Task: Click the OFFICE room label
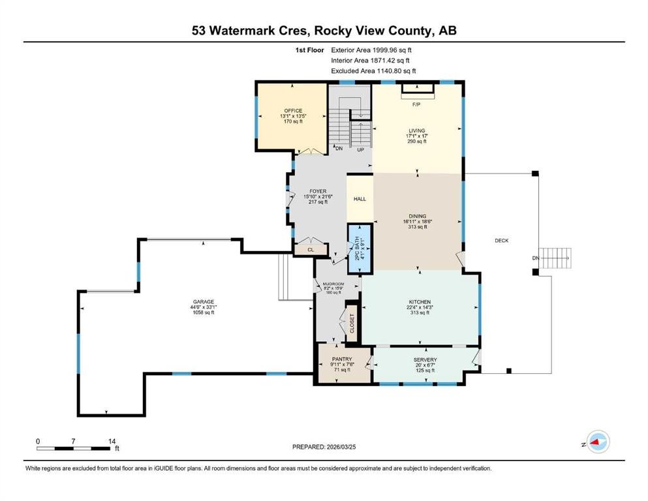coord(293,111)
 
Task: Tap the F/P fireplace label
coord(416,104)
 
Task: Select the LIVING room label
coord(416,130)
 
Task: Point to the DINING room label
coord(418,216)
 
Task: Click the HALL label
coord(360,199)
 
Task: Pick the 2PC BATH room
coord(360,249)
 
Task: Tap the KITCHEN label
coord(420,302)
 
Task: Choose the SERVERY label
coord(425,359)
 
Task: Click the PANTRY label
coord(342,359)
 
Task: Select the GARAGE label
coord(204,302)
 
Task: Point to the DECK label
coord(501,240)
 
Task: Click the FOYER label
coord(318,191)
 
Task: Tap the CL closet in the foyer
coord(311,249)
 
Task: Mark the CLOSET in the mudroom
coord(352,323)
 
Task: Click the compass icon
coord(598,442)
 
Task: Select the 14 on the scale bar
coord(112,441)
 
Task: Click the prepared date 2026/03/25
coord(341,446)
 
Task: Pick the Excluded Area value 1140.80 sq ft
coord(396,70)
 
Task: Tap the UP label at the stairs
coord(360,149)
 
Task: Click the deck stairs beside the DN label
coord(556,258)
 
